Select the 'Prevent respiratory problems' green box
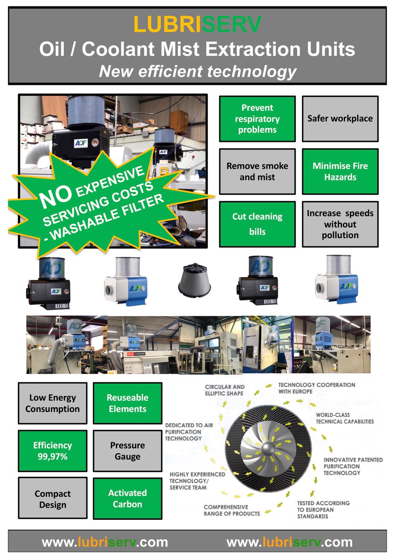(x=257, y=119)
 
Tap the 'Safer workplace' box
(x=340, y=119)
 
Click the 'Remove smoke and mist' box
(x=257, y=172)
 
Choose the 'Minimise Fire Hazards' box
(x=340, y=172)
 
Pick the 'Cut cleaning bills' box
(x=257, y=224)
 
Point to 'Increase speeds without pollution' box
(x=340, y=224)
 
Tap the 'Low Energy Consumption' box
(x=53, y=403)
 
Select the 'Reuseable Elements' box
(x=128, y=403)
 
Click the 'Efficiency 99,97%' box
(x=53, y=451)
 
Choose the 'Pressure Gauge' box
(x=128, y=451)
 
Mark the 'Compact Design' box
(x=53, y=498)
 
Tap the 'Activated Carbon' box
(x=128, y=498)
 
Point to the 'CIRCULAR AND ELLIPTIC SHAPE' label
(x=225, y=390)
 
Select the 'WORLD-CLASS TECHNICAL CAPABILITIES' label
(x=345, y=418)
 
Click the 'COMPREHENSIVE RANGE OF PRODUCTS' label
(x=232, y=510)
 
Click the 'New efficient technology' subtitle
(x=197, y=71)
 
